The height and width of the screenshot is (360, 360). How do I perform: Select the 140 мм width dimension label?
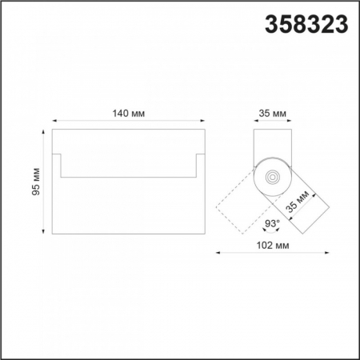(x=128, y=114)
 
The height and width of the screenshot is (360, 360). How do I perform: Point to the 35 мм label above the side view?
(x=274, y=114)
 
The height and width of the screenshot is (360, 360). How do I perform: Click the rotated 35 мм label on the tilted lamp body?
(x=298, y=205)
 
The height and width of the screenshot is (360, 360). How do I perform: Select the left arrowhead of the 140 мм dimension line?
(x=54, y=123)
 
